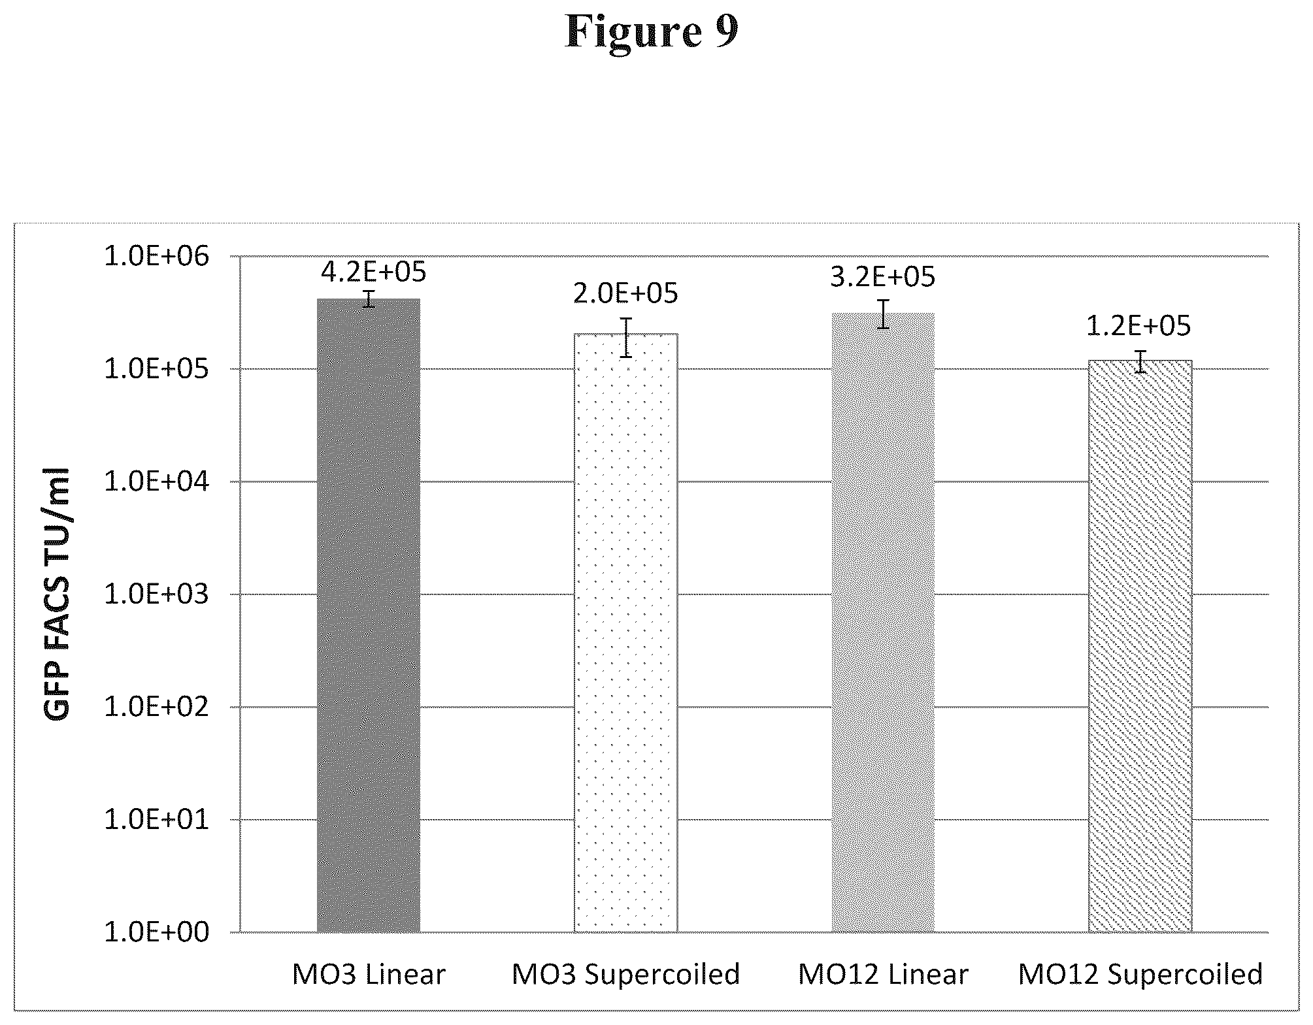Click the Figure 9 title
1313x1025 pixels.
point(652,31)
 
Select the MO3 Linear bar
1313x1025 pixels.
point(369,615)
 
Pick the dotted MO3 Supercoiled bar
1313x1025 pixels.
point(626,632)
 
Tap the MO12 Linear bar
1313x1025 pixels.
point(883,622)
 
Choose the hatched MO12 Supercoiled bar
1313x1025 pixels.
point(1140,645)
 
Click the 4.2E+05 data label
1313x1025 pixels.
point(374,271)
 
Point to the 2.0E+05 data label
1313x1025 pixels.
point(626,293)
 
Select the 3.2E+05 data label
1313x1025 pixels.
point(883,277)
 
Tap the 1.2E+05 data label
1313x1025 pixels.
point(1138,325)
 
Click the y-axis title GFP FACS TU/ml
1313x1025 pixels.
point(58,593)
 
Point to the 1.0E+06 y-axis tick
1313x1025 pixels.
point(157,256)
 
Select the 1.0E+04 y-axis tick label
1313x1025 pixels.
point(157,481)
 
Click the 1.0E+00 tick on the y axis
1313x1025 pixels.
point(157,932)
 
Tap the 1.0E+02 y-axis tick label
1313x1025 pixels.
point(157,707)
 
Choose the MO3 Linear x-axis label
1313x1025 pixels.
point(369,974)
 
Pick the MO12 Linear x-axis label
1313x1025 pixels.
point(883,974)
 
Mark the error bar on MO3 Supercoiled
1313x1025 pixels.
point(626,337)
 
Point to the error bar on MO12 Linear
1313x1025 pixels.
point(883,314)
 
